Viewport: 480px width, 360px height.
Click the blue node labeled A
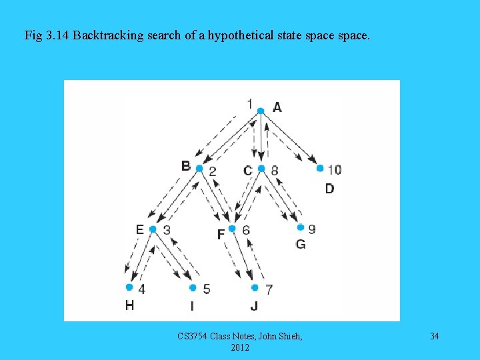(261, 111)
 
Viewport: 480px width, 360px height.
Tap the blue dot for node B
(199, 169)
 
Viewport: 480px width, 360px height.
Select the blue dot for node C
(261, 169)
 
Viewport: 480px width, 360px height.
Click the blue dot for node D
(319, 169)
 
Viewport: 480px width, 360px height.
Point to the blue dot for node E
(153, 229)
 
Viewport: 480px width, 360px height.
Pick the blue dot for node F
(232, 229)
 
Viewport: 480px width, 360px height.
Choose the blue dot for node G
(300, 227)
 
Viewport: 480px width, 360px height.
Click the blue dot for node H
(129, 288)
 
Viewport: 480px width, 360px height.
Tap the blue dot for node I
(193, 288)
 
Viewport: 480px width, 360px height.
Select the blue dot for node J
(255, 288)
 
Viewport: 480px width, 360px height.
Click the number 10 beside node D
(334, 169)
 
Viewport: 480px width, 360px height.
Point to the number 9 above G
(312, 229)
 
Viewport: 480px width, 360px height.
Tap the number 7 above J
(269, 289)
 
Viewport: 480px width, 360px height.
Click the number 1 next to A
(249, 103)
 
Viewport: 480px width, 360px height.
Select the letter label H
(129, 305)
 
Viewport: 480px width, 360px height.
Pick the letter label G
(301, 244)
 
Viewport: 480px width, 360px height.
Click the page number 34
(434, 336)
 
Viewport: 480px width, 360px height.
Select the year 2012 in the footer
(240, 347)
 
